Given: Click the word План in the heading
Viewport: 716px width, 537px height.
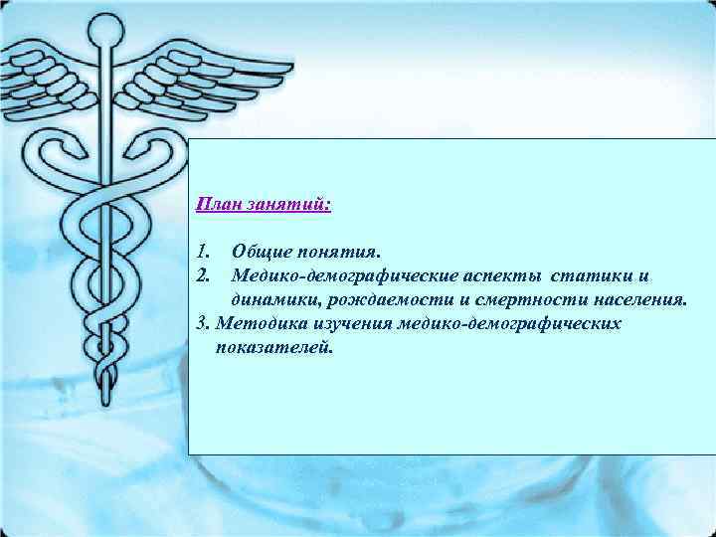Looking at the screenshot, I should click(216, 205).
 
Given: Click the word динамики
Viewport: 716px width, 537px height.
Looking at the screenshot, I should click(272, 298).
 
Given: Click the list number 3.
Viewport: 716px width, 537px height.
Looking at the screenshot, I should click(203, 323).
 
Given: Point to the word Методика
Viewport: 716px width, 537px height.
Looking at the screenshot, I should click(258, 323).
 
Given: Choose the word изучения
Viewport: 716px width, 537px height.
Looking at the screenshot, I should click(352, 323).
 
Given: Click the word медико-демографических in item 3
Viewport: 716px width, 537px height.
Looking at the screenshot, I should click(509, 323).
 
